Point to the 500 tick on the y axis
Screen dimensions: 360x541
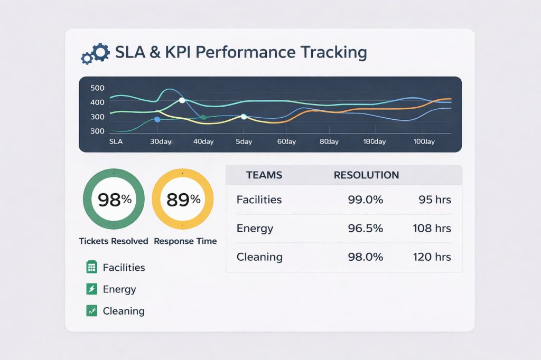97,88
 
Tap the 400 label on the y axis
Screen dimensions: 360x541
97,102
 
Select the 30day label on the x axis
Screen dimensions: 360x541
161,142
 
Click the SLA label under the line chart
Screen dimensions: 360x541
116,142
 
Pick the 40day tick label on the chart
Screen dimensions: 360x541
203,142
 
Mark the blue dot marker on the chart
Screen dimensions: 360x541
157,120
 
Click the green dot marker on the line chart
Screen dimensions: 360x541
203,117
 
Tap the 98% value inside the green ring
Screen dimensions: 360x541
114,200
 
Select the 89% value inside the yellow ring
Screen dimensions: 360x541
183,200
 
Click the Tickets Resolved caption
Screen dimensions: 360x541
114,241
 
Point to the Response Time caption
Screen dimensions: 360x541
185,241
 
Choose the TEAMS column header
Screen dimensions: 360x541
264,175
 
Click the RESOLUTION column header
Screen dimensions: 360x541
366,175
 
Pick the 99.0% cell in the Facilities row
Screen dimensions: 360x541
366,200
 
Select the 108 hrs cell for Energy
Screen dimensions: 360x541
432,229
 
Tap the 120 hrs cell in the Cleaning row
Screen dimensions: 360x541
432,257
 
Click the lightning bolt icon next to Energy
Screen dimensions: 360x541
91,289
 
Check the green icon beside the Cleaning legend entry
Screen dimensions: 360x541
91,311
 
